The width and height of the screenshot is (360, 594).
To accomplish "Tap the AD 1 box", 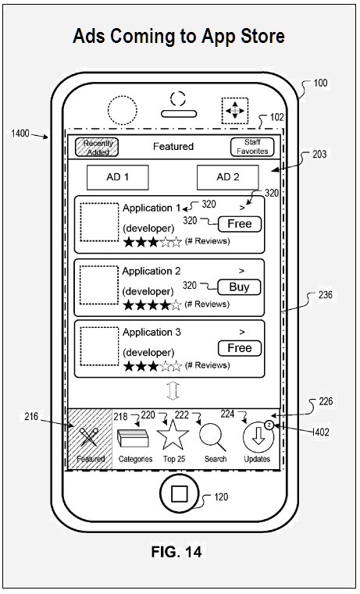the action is [x=117, y=177].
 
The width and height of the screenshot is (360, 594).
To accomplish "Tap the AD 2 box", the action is [x=228, y=177].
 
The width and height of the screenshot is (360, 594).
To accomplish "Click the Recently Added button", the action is [x=97, y=148].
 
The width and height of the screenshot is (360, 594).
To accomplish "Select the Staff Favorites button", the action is [x=252, y=147].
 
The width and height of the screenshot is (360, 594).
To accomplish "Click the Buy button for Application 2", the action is [x=239, y=287].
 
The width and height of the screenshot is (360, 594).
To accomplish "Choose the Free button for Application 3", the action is [x=240, y=348].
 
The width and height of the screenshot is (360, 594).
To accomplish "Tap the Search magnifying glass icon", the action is [x=212, y=438].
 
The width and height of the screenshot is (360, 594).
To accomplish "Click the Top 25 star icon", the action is [x=173, y=435].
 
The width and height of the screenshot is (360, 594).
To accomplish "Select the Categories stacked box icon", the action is [x=133, y=439].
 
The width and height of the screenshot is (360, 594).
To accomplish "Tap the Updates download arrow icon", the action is [x=258, y=438].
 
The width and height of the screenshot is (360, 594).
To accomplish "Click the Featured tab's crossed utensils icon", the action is [x=90, y=436].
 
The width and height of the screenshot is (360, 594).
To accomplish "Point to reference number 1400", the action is [x=20, y=133].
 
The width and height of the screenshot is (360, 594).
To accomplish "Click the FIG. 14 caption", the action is [x=176, y=552].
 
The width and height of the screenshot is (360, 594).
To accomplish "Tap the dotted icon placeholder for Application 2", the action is [x=99, y=285].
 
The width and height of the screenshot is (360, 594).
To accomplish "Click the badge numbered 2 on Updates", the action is [x=269, y=425].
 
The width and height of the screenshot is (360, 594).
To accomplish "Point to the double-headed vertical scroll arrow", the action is [x=173, y=391].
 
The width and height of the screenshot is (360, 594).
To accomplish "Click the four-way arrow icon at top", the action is [x=235, y=111].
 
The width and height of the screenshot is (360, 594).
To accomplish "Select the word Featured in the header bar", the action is [x=173, y=147].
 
